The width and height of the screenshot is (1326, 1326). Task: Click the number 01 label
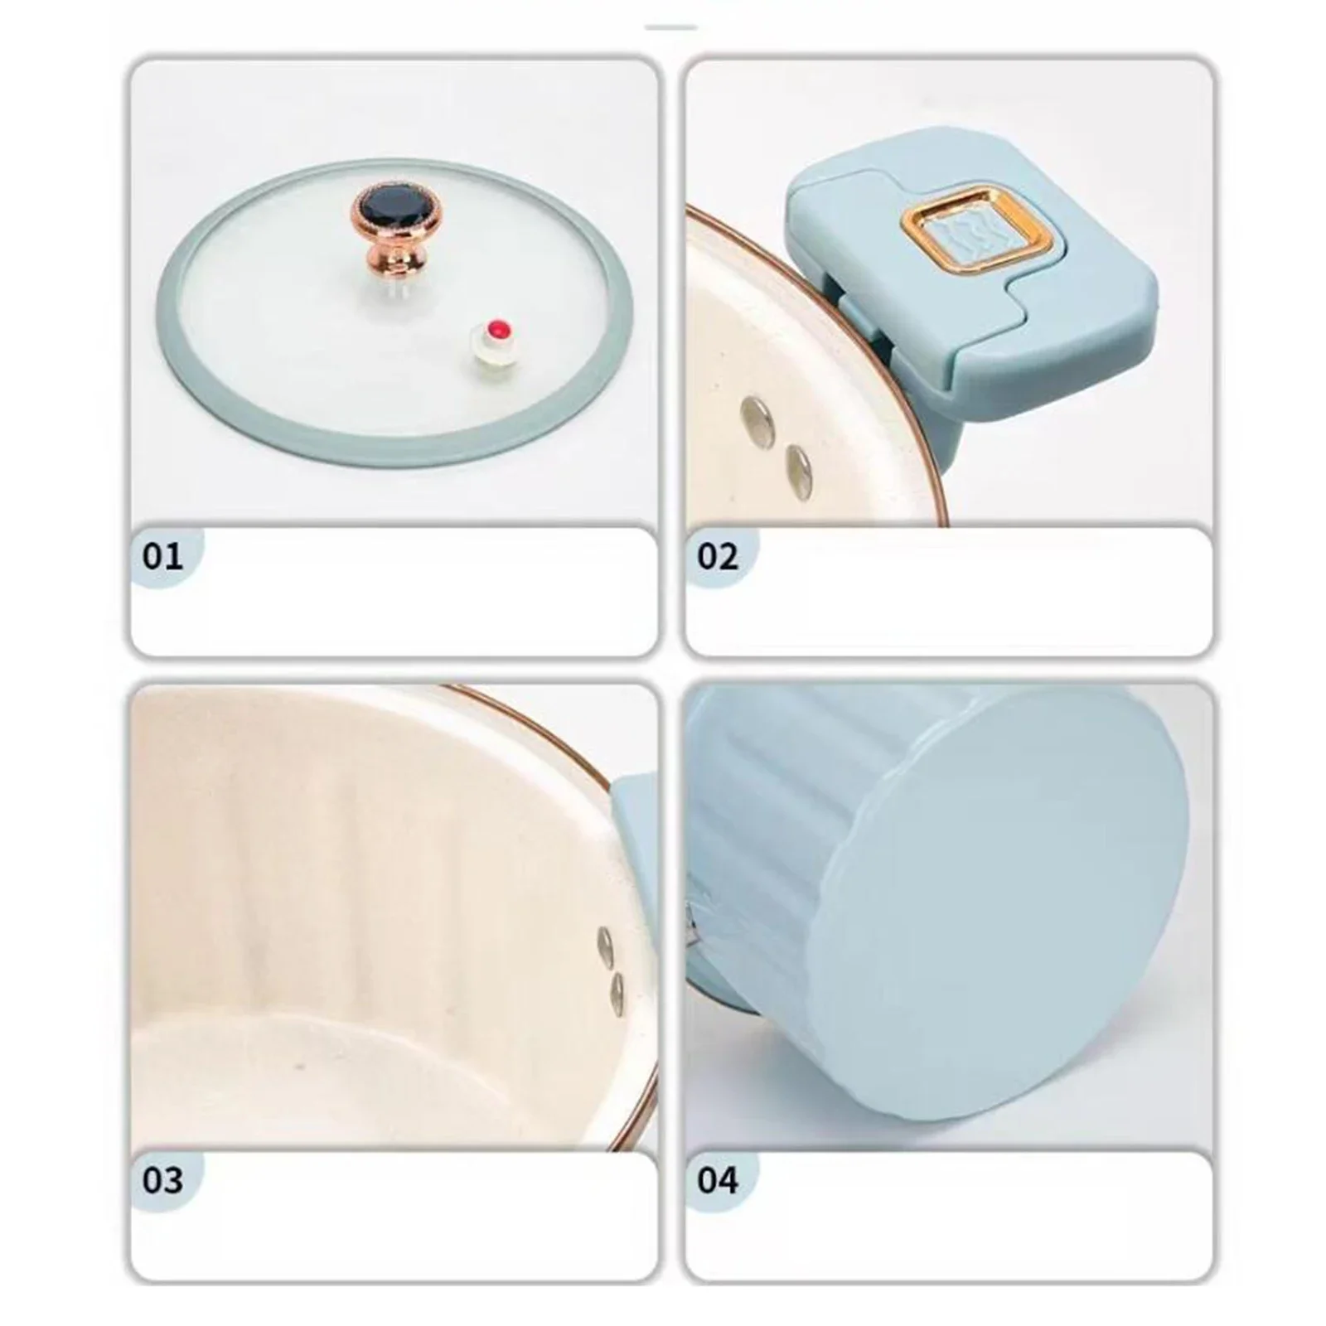(x=162, y=556)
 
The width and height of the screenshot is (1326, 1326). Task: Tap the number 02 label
(x=717, y=556)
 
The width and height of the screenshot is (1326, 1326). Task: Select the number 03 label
(x=162, y=1179)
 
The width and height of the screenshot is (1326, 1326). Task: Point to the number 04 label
(x=717, y=1179)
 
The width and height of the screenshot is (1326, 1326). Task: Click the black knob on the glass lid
(x=388, y=208)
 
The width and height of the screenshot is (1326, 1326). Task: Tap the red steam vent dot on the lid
(x=498, y=327)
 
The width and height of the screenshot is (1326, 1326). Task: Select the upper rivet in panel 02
(x=757, y=418)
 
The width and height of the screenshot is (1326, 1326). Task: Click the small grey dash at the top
(x=670, y=28)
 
